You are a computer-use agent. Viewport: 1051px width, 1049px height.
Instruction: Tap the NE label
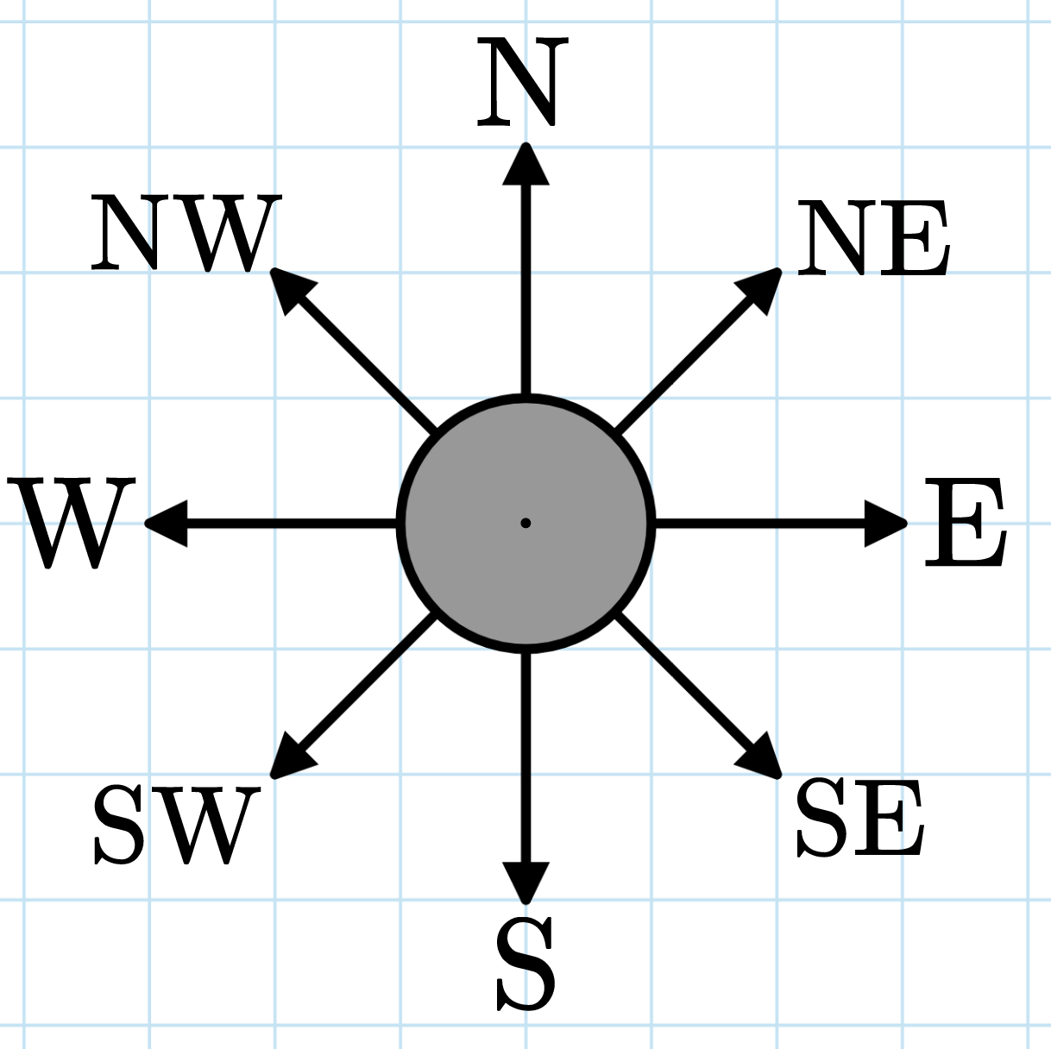[x=872, y=239]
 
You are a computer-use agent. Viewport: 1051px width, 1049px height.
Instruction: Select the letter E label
[x=965, y=523]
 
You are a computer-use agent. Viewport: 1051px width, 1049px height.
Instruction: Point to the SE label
[x=859, y=818]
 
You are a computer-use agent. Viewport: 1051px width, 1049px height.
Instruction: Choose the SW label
[x=177, y=825]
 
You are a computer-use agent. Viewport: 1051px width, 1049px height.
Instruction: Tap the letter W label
[x=72, y=524]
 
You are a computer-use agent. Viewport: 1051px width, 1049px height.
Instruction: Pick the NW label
[x=186, y=233]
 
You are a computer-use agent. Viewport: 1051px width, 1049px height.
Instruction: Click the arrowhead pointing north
[x=525, y=166]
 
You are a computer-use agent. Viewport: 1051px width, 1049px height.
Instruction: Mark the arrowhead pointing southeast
[x=761, y=757]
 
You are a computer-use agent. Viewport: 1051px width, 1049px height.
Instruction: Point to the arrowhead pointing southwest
[x=291, y=757]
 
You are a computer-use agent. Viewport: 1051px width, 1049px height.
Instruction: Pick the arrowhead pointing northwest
[x=291, y=288]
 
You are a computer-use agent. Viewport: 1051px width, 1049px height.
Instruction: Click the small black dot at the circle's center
[x=525, y=523]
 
